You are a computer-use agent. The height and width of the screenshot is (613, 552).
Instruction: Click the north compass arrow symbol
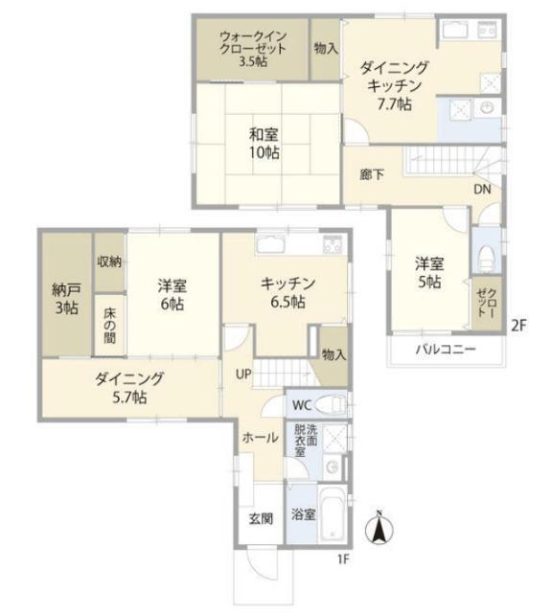click(379, 529)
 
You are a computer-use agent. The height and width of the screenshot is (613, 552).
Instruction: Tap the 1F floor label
click(343, 559)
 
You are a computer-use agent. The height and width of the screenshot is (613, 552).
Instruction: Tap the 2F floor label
click(518, 326)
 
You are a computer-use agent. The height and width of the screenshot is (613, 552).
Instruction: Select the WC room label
click(302, 405)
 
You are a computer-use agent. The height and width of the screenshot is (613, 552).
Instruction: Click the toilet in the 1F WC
click(331, 404)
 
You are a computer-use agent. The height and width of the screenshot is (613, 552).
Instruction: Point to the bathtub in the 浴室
click(332, 514)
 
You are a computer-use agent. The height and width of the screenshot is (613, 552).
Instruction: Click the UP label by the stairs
click(243, 374)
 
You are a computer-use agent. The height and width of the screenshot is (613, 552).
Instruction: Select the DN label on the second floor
click(482, 190)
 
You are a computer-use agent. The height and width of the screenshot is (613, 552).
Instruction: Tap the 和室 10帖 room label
click(264, 144)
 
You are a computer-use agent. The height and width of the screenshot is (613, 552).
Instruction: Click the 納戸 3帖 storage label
click(66, 299)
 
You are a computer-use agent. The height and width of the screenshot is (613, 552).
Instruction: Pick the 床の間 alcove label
click(109, 326)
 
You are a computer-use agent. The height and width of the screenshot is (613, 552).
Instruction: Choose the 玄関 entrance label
click(261, 519)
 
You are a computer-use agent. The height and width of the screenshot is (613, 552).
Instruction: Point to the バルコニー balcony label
click(446, 349)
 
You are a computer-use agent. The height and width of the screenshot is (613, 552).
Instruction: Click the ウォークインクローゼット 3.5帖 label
click(253, 49)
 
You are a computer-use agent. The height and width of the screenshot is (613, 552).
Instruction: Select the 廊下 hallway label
click(372, 174)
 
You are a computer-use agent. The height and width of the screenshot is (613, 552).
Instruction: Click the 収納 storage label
click(109, 261)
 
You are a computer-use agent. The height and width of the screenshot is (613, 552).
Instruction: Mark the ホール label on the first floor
click(260, 438)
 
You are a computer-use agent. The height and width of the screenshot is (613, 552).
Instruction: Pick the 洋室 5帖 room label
click(429, 273)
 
